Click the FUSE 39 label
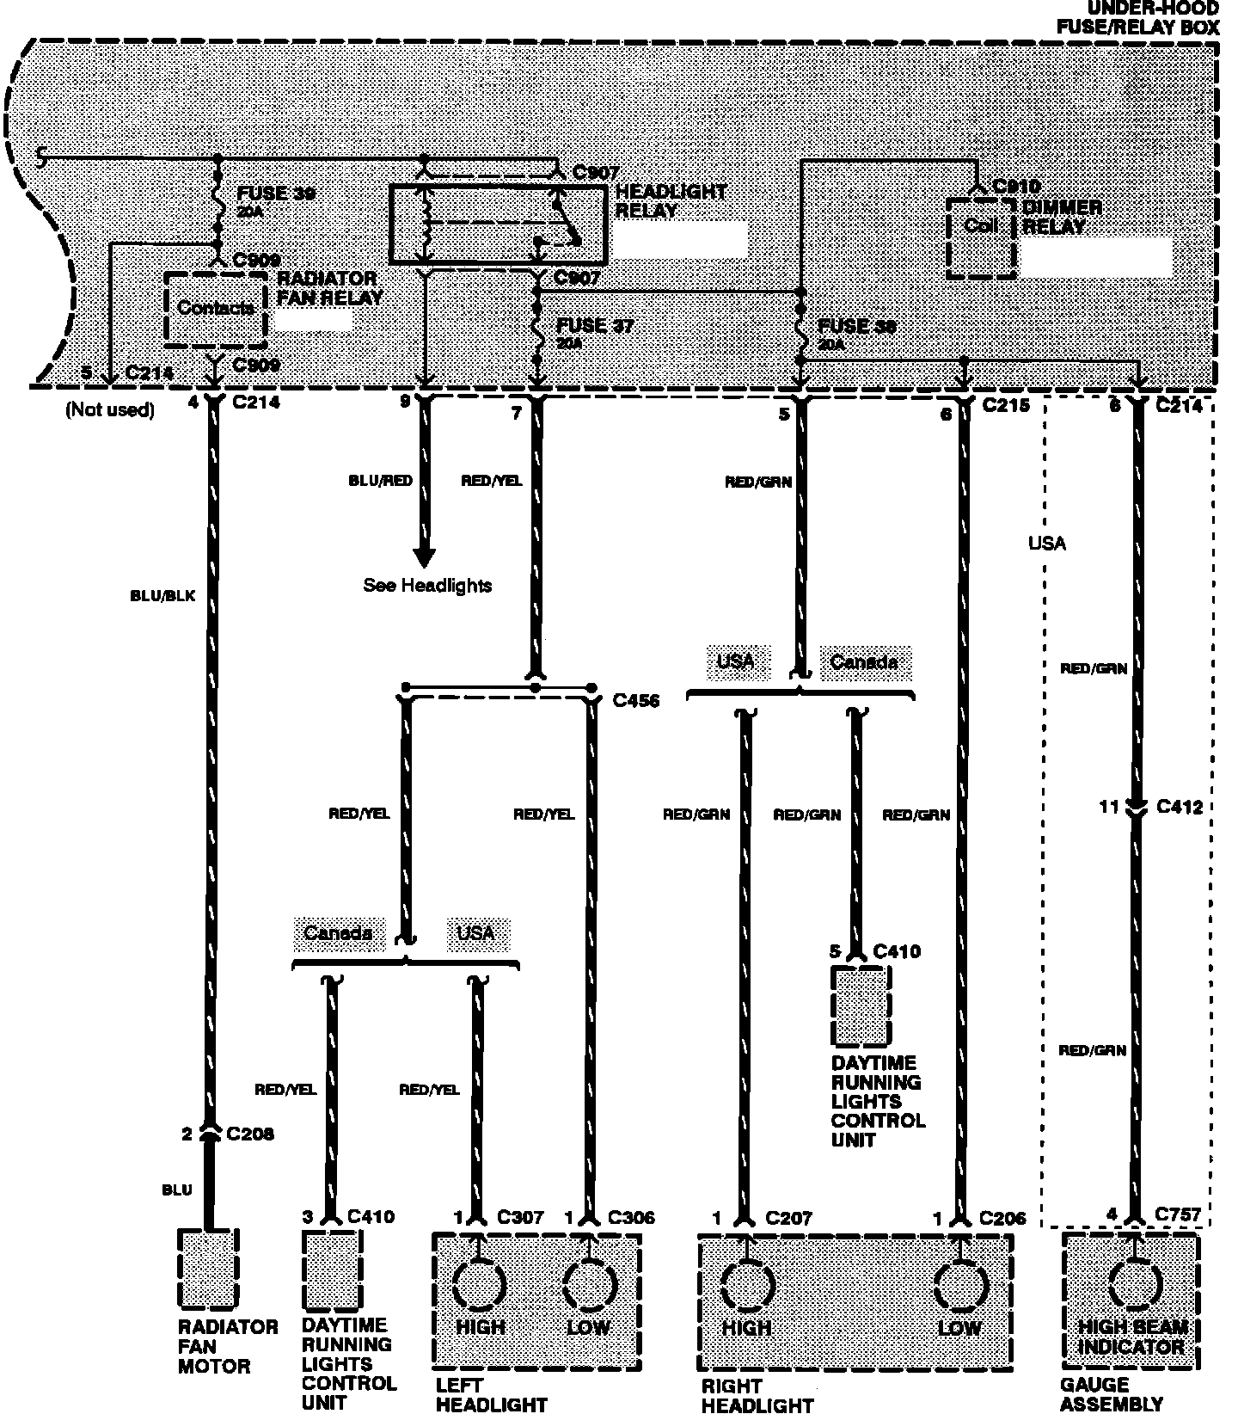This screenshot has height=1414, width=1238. (x=276, y=194)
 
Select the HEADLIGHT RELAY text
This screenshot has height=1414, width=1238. (x=671, y=200)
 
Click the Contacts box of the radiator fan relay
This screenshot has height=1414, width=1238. (x=215, y=308)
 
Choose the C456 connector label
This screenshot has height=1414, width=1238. (x=636, y=701)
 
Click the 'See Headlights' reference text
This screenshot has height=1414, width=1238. (x=427, y=586)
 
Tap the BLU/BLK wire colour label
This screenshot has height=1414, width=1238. (x=162, y=595)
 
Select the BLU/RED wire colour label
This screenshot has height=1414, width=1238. (x=381, y=481)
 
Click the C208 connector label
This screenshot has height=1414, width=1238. (x=250, y=1134)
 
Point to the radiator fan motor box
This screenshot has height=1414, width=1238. (x=207, y=1269)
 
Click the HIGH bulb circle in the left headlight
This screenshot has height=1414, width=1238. (x=480, y=1284)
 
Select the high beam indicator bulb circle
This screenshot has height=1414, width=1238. (x=1135, y=1284)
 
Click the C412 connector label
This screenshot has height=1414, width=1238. (x=1180, y=807)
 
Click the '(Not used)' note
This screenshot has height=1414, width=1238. (x=110, y=410)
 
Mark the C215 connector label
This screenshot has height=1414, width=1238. (x=1006, y=404)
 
